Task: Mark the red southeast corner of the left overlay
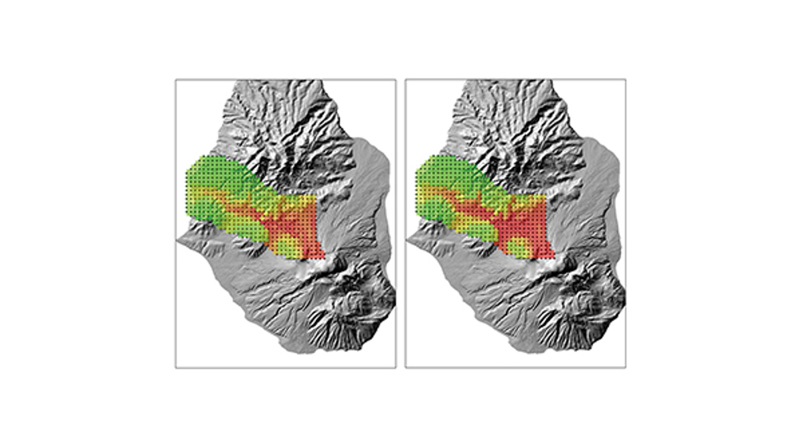[x=322, y=257]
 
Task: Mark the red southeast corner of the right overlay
[x=551, y=257]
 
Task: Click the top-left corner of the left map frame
[x=176, y=80]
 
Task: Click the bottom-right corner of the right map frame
[x=626, y=367]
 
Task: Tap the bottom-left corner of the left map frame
[x=176, y=367]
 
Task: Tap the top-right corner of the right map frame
[x=626, y=80]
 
